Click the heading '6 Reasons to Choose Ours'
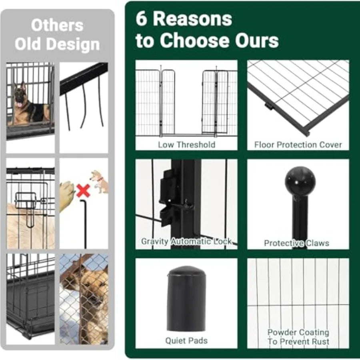pyautogui.click(x=206, y=30)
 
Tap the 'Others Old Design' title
pyautogui.click(x=57, y=35)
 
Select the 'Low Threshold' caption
pyautogui.click(x=186, y=145)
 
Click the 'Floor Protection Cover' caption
pyautogui.click(x=298, y=145)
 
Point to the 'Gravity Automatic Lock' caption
pyautogui.click(x=186, y=242)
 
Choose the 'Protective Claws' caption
pyautogui.click(x=296, y=243)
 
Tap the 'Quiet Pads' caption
pyautogui.click(x=186, y=341)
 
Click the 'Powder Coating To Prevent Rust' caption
pyautogui.click(x=298, y=337)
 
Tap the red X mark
pyautogui.click(x=83, y=191)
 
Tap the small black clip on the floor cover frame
pyautogui.click(x=268, y=106)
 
